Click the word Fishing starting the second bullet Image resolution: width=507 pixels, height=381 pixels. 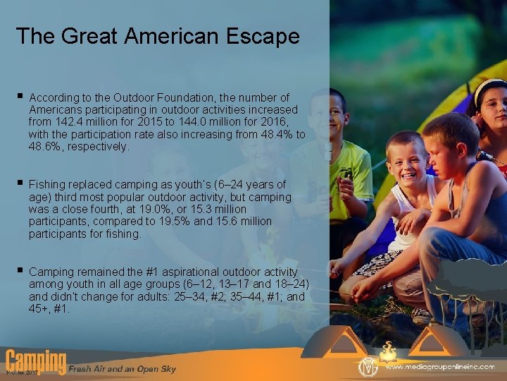pos(46,185)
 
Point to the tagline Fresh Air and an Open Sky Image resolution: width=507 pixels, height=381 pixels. pos(122,369)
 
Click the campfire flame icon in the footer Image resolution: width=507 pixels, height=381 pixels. pos(387,350)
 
